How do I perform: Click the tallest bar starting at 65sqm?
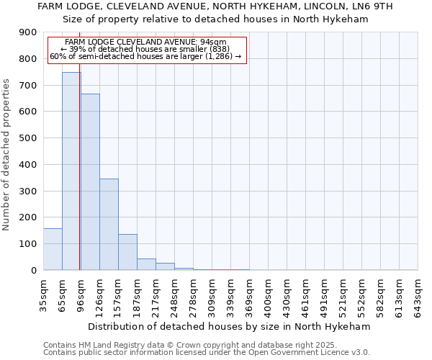[71, 171]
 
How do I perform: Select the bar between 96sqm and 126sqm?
[90, 182]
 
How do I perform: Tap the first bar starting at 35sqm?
[53, 249]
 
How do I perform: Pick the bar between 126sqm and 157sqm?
[109, 225]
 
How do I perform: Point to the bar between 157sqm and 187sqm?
[127, 252]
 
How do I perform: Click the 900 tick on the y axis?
[28, 32]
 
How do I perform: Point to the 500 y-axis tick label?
[28, 138]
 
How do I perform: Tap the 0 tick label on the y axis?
[33, 271]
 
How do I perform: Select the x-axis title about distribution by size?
[230, 326]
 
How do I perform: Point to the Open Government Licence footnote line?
[207, 353]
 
